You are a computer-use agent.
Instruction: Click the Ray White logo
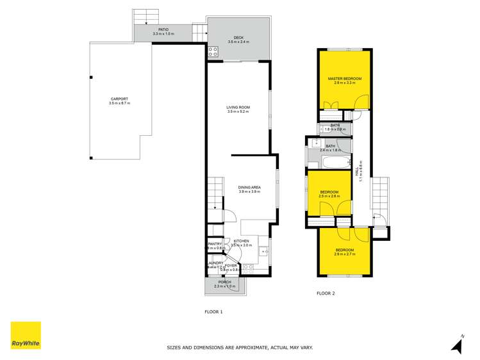click(x=26, y=336)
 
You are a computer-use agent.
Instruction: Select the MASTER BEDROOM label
click(x=345, y=79)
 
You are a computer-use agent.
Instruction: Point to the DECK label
click(x=238, y=37)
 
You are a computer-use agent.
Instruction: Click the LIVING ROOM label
click(x=238, y=107)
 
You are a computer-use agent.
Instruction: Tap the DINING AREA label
click(x=250, y=187)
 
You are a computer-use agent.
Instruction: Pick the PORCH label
click(x=225, y=282)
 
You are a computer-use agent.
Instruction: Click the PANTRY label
click(x=215, y=243)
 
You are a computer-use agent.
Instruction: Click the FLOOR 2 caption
click(x=326, y=294)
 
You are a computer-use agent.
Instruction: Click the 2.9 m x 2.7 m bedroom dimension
click(x=344, y=254)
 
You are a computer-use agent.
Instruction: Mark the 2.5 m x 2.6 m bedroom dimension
click(x=330, y=196)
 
